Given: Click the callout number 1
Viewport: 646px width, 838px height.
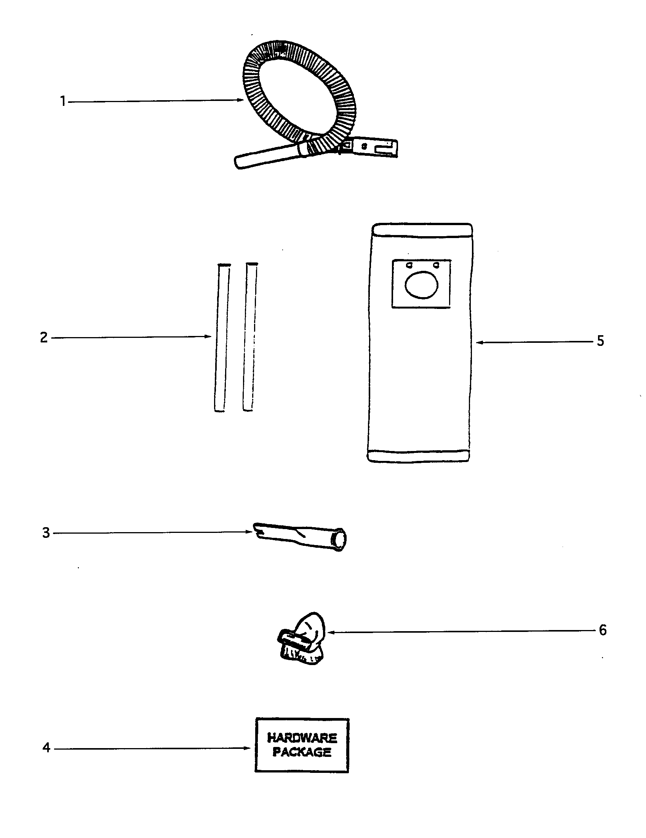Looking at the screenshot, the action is [63, 102].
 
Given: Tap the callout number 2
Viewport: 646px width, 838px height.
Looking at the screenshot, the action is [44, 337].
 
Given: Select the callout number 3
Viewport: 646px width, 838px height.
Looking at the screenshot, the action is [46, 533].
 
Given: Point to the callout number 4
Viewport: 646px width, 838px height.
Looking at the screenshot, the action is [46, 747].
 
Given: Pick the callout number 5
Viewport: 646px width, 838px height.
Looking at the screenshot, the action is [600, 341].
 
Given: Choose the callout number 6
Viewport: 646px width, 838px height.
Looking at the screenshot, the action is [603, 630].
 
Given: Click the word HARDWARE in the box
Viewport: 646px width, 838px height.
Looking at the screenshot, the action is [302, 738].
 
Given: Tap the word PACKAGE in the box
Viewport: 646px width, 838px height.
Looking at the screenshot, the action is [302, 752].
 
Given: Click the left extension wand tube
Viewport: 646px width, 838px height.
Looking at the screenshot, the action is [222, 337].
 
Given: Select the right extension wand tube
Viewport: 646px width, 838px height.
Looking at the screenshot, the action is [250, 337].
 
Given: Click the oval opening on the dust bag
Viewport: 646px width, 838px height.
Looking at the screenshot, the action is [421, 284].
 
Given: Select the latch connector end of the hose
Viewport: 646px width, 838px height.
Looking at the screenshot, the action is [370, 147].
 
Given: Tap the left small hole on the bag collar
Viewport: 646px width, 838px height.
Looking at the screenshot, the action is [409, 265].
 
